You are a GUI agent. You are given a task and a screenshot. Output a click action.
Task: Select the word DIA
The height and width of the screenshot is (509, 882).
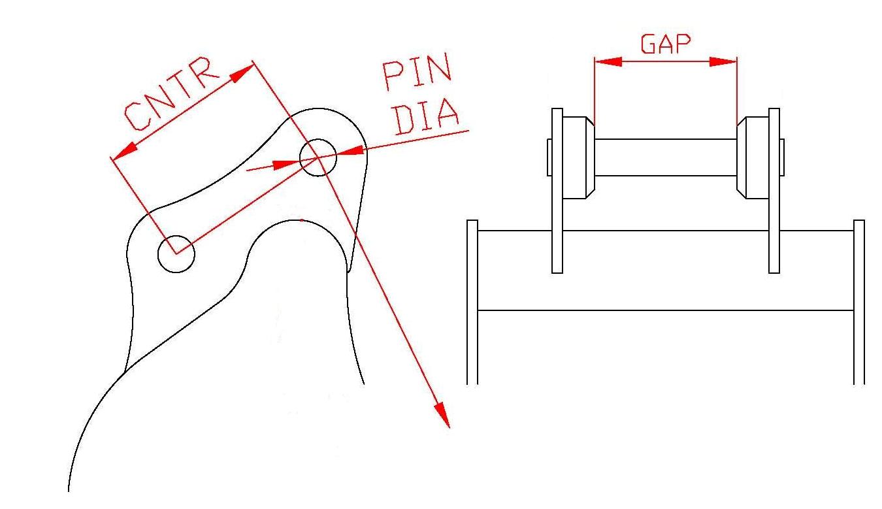click(x=427, y=116)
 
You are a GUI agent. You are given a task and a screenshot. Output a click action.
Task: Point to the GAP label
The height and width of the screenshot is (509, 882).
click(x=666, y=44)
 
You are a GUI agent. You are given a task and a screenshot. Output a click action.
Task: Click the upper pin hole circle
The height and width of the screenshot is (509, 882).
click(x=318, y=139)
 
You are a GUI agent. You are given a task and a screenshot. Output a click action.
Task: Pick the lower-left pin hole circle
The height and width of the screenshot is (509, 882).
click(x=176, y=236)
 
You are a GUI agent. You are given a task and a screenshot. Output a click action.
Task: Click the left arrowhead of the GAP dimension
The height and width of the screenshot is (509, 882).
click(x=608, y=61)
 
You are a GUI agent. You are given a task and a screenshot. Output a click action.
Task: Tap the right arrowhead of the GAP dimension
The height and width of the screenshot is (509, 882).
click(x=723, y=61)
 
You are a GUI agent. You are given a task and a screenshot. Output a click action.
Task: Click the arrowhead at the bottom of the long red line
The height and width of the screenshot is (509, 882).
click(x=442, y=414)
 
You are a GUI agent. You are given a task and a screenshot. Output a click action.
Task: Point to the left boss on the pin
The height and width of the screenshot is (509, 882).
click(x=579, y=157)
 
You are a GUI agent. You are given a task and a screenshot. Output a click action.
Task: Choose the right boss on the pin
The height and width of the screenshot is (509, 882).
click(x=753, y=157)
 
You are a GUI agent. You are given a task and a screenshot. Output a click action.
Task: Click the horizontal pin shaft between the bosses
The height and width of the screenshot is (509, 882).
click(x=666, y=157)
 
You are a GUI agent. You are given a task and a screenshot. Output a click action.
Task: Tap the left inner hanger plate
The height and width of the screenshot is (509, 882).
click(x=557, y=191)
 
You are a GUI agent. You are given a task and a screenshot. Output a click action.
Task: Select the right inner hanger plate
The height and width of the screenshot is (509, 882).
click(x=774, y=191)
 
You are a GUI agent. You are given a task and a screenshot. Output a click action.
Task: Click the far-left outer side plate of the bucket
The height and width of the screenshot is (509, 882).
click(x=472, y=303)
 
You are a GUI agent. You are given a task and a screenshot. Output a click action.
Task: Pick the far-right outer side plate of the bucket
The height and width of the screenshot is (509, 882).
click(x=859, y=303)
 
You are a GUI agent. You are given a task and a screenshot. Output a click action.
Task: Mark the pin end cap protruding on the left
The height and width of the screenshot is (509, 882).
click(x=549, y=157)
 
